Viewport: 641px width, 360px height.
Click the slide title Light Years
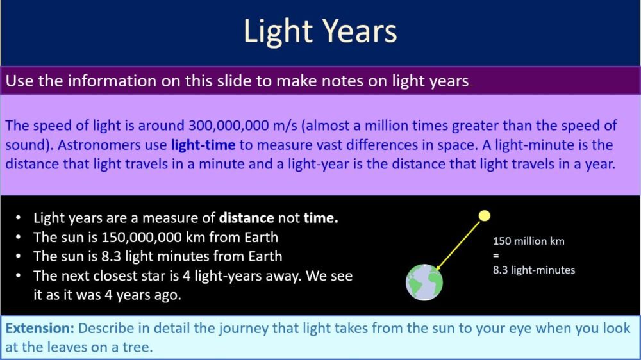point(320,31)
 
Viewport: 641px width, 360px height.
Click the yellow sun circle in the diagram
point(485,216)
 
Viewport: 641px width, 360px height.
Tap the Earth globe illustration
point(424,282)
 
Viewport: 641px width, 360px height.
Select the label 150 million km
point(528,241)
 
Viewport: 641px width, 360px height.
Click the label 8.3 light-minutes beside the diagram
point(533,270)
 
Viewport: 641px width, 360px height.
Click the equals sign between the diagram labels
point(495,256)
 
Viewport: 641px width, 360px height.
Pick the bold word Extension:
point(40,329)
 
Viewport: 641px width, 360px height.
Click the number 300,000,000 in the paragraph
point(234,124)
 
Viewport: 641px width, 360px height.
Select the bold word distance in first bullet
point(247,218)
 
